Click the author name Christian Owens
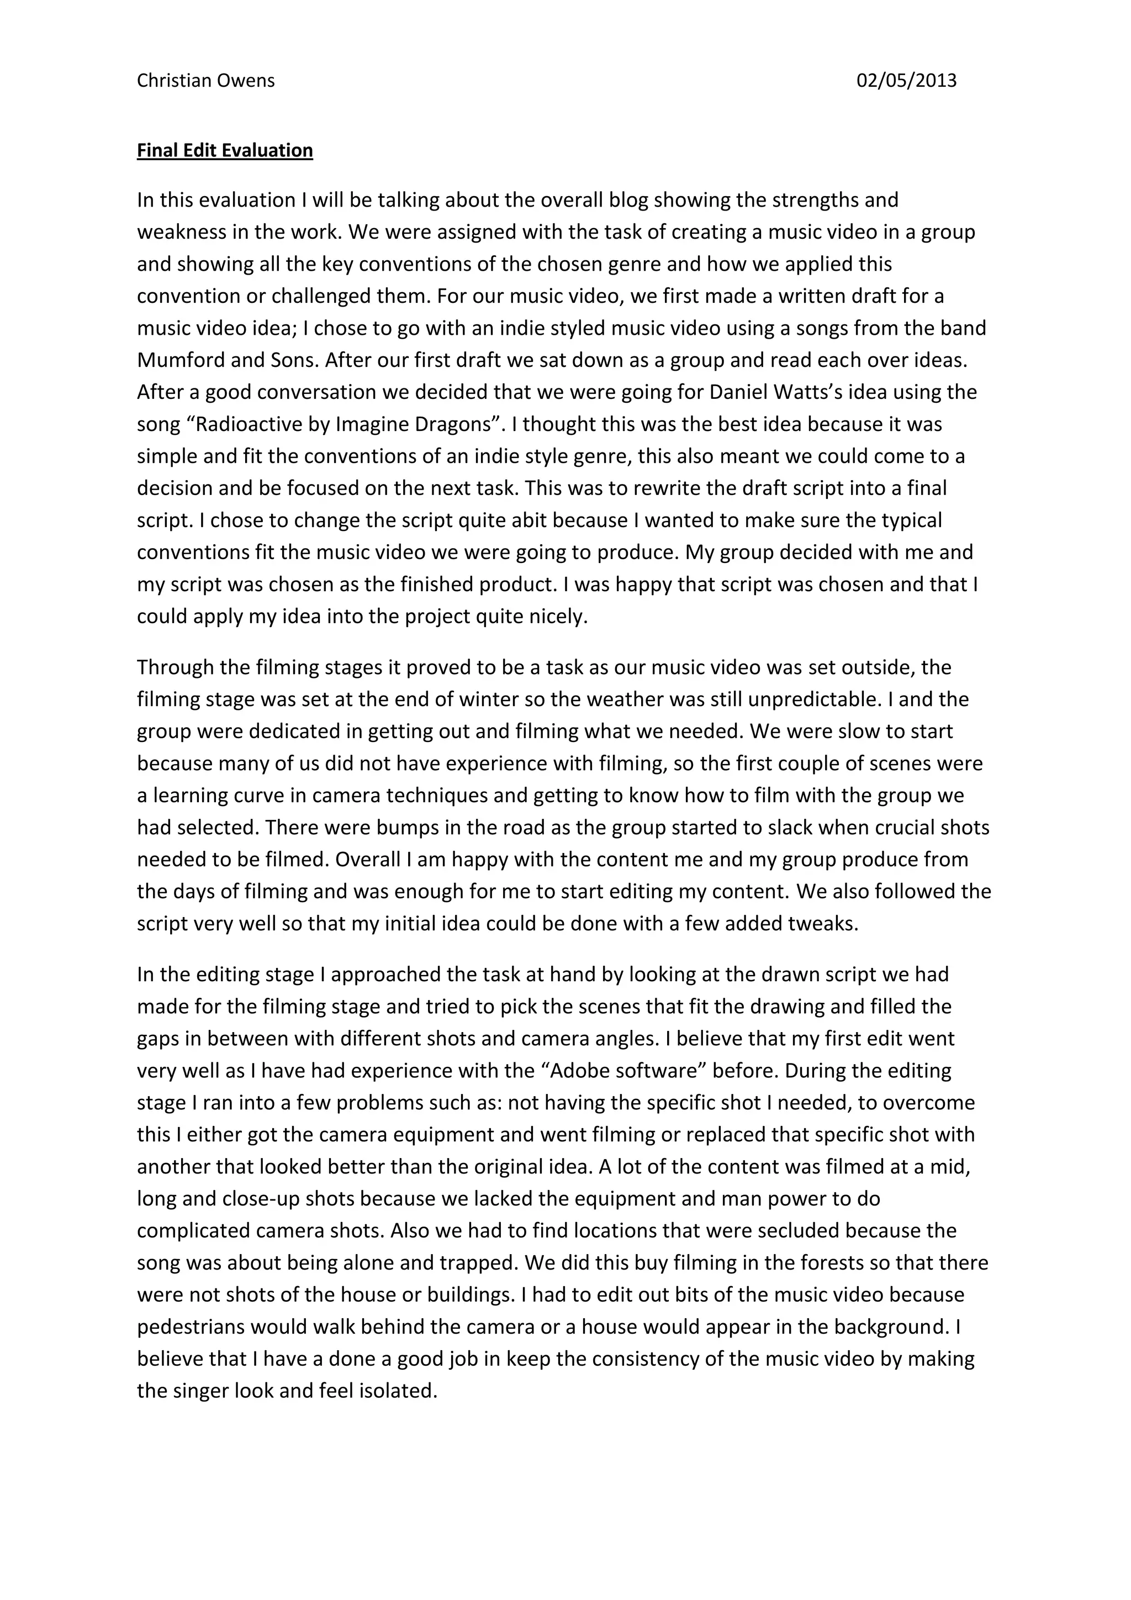205,81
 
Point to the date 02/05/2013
906,81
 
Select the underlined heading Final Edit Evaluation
224,150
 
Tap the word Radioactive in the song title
257,424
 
